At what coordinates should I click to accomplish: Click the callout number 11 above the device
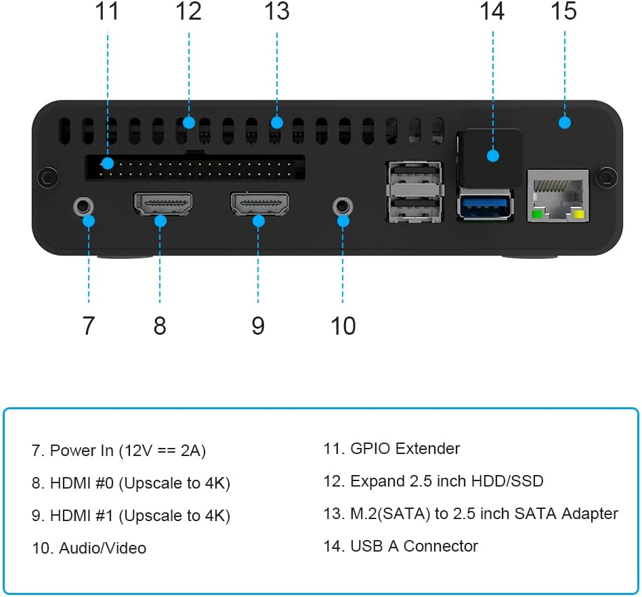[x=107, y=12]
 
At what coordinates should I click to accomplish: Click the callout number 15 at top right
[x=563, y=12]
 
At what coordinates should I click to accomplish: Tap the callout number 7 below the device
[x=89, y=325]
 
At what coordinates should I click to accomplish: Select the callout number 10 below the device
[x=343, y=325]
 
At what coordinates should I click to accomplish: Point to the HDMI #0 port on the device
[x=163, y=204]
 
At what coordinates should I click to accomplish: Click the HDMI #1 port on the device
[x=260, y=204]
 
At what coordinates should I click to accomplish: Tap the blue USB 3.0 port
[x=485, y=205]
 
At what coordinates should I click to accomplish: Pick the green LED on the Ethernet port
[x=537, y=215]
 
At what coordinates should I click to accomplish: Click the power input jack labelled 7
[x=83, y=205]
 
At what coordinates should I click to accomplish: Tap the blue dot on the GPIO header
[x=106, y=163]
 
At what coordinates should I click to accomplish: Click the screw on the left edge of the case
[x=46, y=178]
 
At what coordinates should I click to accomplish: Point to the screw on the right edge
[x=607, y=178]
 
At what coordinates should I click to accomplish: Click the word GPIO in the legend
[x=370, y=449]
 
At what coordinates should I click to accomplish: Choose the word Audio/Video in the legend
[x=102, y=548]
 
